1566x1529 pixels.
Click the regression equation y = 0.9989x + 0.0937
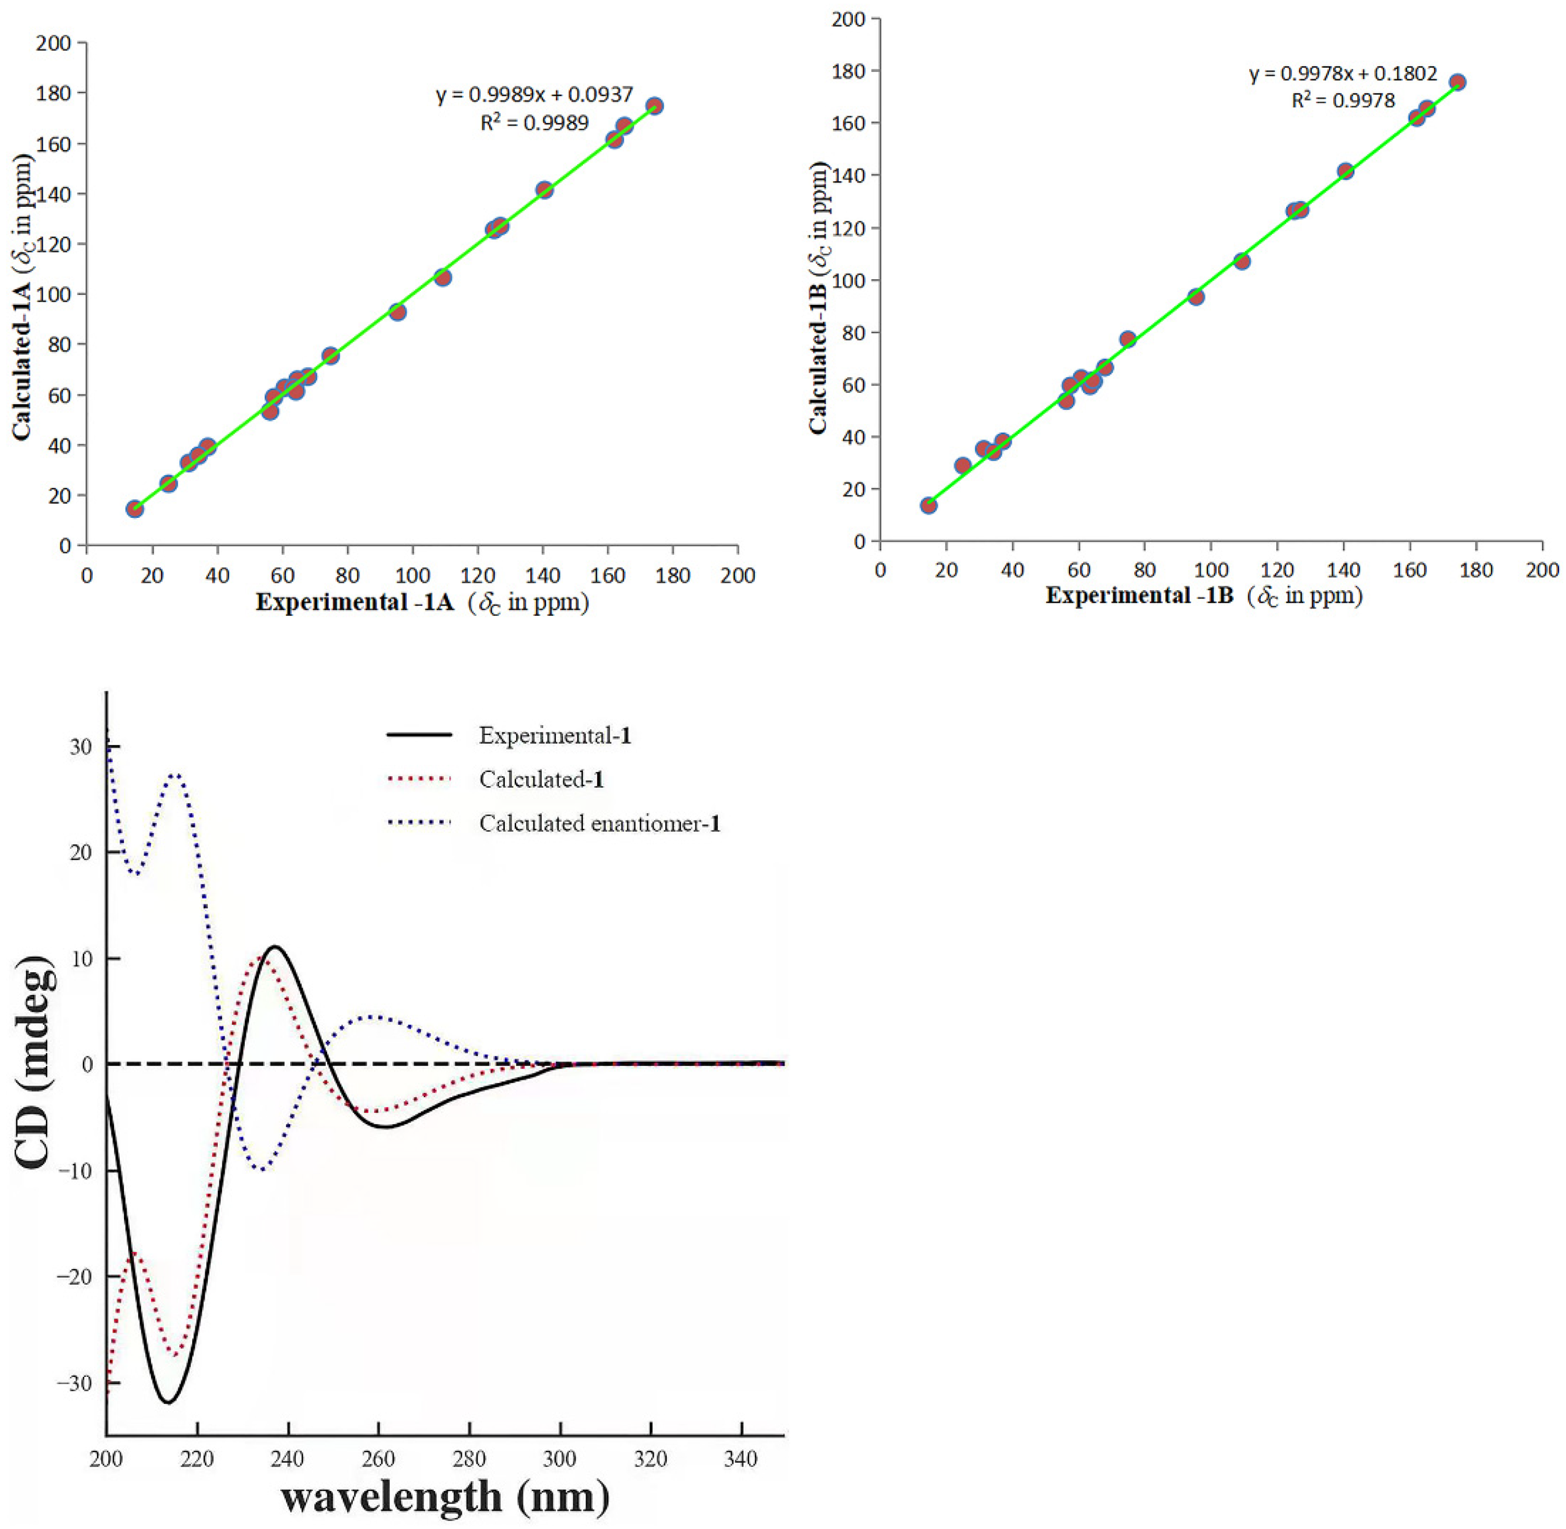(x=534, y=95)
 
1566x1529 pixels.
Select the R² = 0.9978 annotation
(x=1343, y=101)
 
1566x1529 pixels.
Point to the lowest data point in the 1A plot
(x=135, y=509)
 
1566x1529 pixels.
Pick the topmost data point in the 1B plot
(x=1457, y=82)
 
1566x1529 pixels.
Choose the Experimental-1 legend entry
(x=554, y=736)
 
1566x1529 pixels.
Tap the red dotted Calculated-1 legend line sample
(x=419, y=779)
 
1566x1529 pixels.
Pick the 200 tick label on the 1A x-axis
(x=737, y=576)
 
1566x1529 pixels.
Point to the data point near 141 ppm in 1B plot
(x=1345, y=171)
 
